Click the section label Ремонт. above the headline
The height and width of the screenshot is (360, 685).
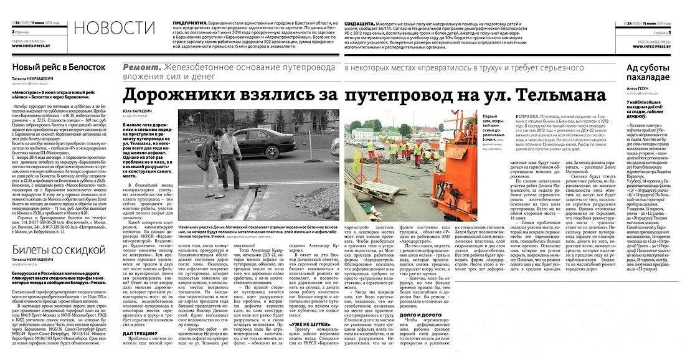point(142,67)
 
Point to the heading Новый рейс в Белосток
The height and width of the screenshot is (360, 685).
point(59,68)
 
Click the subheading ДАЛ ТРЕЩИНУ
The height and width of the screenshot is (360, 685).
point(142,334)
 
